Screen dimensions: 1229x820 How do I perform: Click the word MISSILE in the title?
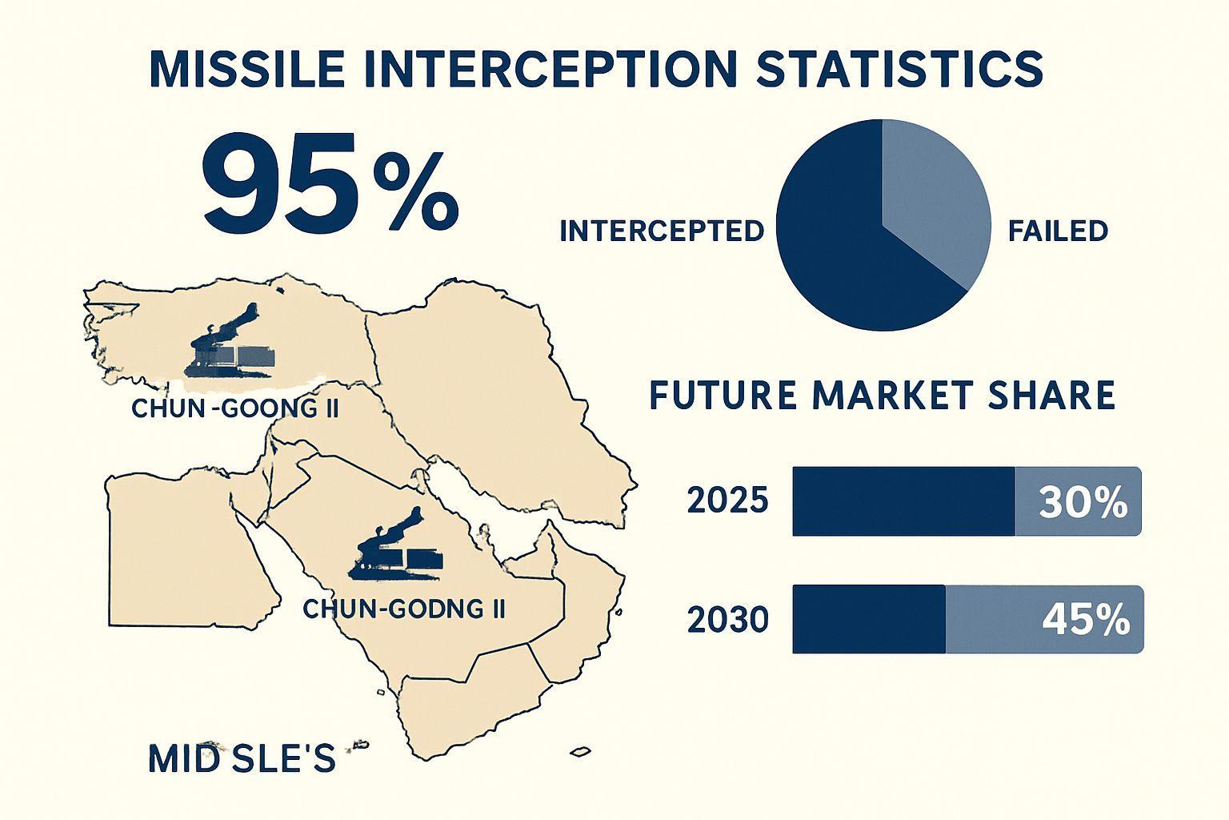(247, 69)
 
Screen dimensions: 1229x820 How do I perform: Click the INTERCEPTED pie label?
(662, 231)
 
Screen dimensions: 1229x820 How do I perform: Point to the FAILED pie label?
(1058, 231)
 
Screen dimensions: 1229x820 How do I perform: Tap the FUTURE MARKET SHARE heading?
(883, 395)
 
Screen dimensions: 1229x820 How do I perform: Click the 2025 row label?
(727, 501)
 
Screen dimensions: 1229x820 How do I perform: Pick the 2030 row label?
(727, 620)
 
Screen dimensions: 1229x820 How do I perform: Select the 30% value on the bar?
(1083, 503)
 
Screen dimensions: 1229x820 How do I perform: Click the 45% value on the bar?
(1086, 621)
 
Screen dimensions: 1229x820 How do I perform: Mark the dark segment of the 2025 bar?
(903, 501)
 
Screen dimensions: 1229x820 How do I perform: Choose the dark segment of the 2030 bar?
(869, 619)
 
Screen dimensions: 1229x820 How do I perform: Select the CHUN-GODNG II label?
(404, 609)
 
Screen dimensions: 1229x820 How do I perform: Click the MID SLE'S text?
(242, 758)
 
